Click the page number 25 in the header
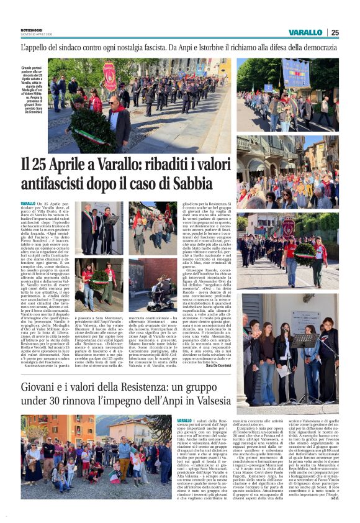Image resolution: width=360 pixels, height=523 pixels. pos(335,32)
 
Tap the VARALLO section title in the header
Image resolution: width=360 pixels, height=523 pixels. pos(305,32)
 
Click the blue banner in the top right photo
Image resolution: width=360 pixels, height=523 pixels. pos(295,73)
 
